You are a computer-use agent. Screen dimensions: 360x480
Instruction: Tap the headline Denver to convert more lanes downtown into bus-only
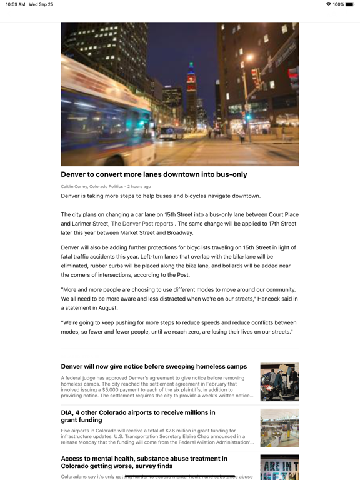pos(154,174)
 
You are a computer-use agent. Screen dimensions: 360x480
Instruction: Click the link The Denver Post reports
pos(142,224)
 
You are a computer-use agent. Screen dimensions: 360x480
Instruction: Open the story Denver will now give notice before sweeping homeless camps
pos(154,366)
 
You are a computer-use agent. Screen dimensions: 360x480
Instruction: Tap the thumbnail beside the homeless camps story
pos(279,382)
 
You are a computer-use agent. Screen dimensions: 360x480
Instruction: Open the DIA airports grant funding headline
pos(138,416)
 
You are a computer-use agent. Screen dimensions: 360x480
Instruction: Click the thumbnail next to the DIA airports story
pos(279,428)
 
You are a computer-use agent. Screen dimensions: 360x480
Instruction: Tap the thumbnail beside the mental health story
pos(279,467)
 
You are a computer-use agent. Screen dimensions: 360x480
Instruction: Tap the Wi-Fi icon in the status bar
pos(328,4)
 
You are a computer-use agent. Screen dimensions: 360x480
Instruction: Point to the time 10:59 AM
pos(15,4)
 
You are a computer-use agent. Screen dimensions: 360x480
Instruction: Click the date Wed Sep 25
pos(41,4)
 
